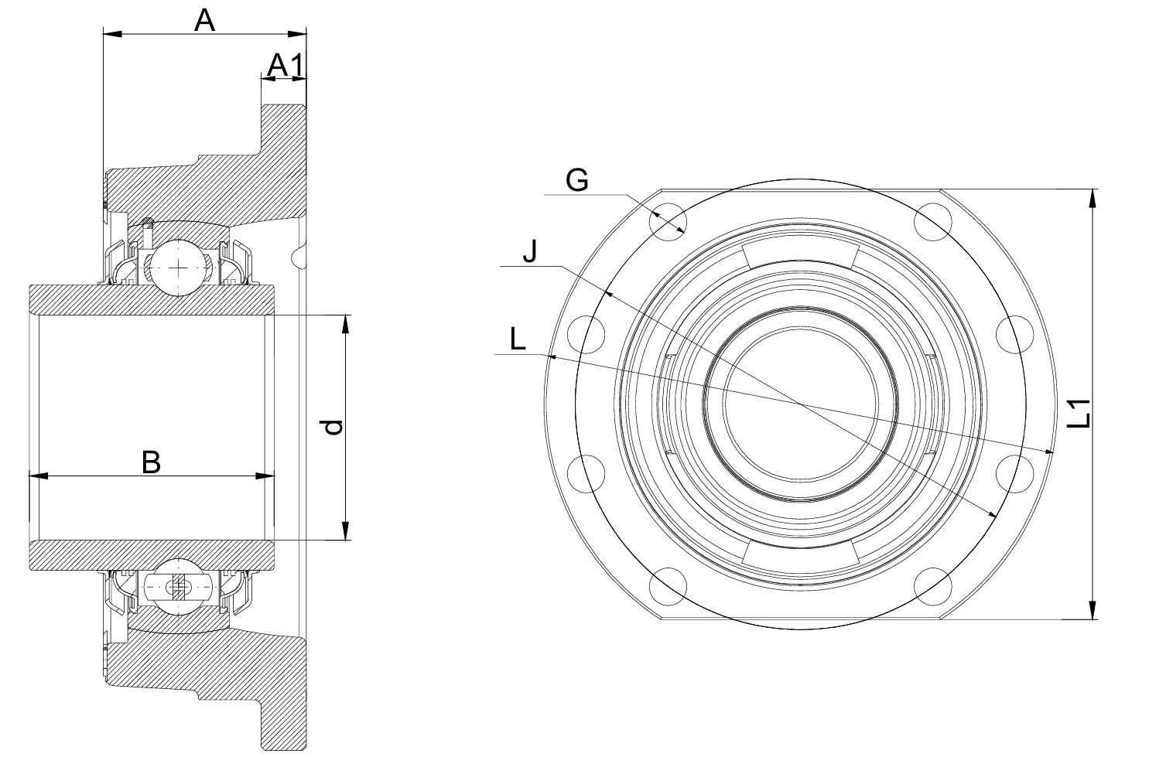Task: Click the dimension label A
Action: point(203,20)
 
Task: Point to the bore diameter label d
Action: point(333,428)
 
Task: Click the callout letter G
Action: point(577,180)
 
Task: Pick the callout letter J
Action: point(529,252)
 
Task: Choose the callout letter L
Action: point(518,339)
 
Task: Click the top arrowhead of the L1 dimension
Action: point(1092,196)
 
